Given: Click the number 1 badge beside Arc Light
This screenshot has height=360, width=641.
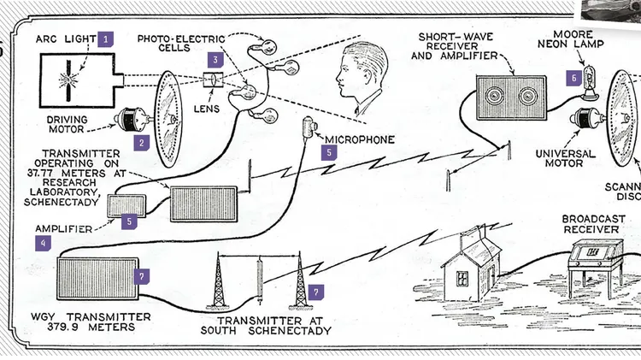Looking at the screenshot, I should [106, 38].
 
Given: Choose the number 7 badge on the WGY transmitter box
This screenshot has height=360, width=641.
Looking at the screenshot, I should [143, 276].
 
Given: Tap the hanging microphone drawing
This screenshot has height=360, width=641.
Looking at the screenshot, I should [308, 130].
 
